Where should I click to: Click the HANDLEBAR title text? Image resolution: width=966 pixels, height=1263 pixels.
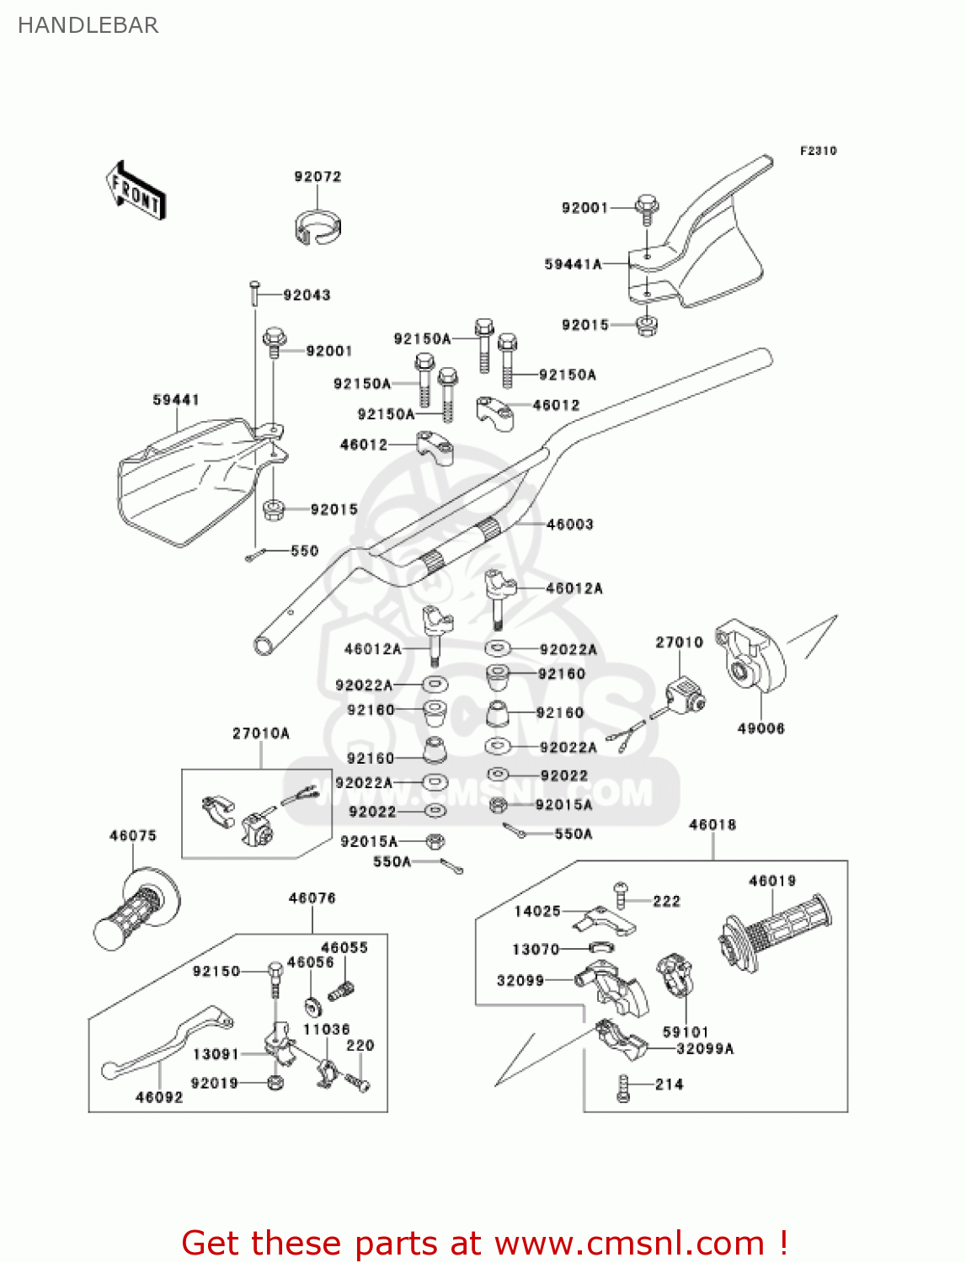88,25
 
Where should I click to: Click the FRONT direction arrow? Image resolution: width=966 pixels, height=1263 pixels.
136,191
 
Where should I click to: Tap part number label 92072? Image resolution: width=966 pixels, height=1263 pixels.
318,177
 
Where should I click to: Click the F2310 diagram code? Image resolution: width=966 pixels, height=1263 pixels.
818,151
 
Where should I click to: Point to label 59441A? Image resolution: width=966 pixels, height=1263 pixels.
573,264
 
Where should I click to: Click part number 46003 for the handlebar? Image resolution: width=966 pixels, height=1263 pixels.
569,525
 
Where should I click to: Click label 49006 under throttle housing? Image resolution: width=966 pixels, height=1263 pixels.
761,728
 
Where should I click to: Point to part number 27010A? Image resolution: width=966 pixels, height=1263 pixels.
260,733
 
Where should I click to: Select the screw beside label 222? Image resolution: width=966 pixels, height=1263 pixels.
621,894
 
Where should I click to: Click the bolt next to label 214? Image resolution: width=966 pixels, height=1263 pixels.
623,1088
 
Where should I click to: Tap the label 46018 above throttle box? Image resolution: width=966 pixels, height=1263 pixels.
712,825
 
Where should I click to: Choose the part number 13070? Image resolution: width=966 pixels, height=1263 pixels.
536,950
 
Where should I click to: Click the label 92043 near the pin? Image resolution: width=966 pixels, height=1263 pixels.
307,296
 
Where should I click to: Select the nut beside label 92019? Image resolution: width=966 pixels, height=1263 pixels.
275,1082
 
